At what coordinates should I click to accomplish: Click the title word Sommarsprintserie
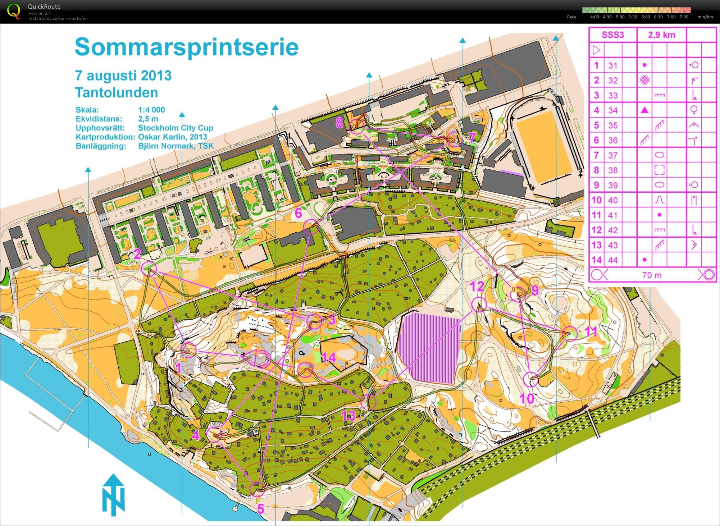[x=187, y=47]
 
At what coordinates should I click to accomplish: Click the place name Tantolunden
[x=117, y=93]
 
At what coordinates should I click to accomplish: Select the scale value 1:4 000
[x=151, y=110]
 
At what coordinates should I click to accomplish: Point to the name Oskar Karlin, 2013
[x=173, y=137]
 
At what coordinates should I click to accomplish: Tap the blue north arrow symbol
[x=114, y=494]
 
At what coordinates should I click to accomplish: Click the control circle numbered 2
[x=149, y=268]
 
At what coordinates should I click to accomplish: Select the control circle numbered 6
[x=311, y=227]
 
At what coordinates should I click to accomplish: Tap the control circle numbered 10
[x=530, y=379]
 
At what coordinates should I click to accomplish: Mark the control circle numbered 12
[x=479, y=304]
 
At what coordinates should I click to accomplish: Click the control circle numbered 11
[x=570, y=333]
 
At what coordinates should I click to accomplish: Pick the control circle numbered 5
[x=257, y=489]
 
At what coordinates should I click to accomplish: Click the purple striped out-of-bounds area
[x=429, y=348]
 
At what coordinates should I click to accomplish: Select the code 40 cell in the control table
[x=613, y=200]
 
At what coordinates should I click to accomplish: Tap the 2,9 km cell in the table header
[x=661, y=35]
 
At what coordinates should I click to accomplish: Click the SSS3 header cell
[x=613, y=35]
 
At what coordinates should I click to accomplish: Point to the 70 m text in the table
[x=652, y=275]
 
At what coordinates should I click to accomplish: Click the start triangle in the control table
[x=596, y=50]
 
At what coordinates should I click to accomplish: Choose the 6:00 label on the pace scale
[x=646, y=17]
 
